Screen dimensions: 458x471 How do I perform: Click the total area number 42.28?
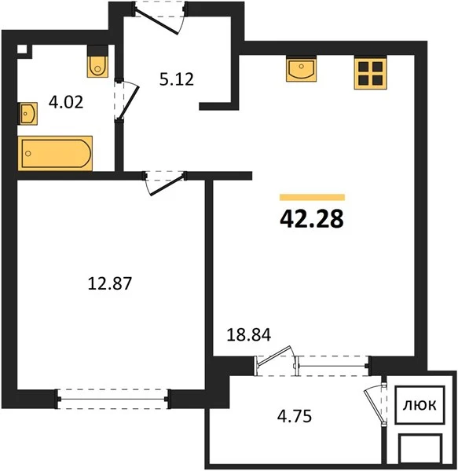click(x=312, y=219)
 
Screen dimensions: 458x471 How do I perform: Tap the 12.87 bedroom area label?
click(x=110, y=283)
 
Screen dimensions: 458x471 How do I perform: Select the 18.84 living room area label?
click(x=249, y=335)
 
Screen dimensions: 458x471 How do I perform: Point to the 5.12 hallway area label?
click(x=177, y=79)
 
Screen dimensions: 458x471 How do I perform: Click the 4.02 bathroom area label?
click(x=66, y=102)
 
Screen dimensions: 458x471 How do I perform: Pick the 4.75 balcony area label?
click(x=295, y=417)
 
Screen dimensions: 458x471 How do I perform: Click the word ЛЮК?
click(x=420, y=405)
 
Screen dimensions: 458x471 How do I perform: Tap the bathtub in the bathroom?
click(x=55, y=154)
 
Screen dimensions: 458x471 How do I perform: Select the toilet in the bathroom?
click(x=97, y=61)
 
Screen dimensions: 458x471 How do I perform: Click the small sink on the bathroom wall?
click(x=28, y=114)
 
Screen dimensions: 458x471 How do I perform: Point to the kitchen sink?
click(x=302, y=69)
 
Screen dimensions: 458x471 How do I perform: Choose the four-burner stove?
click(x=370, y=73)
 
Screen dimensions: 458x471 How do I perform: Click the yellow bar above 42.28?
click(x=312, y=197)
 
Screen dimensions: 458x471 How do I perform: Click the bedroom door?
click(x=167, y=184)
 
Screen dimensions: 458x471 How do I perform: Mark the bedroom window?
click(x=112, y=399)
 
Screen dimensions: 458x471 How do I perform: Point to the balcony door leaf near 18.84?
click(x=274, y=356)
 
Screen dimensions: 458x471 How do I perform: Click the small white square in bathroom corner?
click(x=22, y=49)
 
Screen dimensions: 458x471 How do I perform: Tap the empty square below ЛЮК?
click(x=420, y=449)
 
